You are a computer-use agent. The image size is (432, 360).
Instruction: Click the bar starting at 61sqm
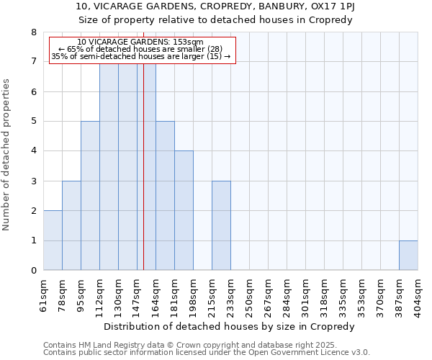coord(53,240)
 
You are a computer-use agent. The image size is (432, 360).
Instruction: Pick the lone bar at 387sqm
coord(408,256)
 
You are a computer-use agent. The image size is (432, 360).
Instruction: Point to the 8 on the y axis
coord(33,32)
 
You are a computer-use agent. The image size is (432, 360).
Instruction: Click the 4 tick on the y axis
coord(33,151)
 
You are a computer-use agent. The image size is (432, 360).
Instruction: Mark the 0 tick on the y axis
coord(33,271)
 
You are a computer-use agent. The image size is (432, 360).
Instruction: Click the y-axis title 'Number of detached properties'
coord(6,156)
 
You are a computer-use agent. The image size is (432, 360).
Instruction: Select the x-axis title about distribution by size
coord(230,327)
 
